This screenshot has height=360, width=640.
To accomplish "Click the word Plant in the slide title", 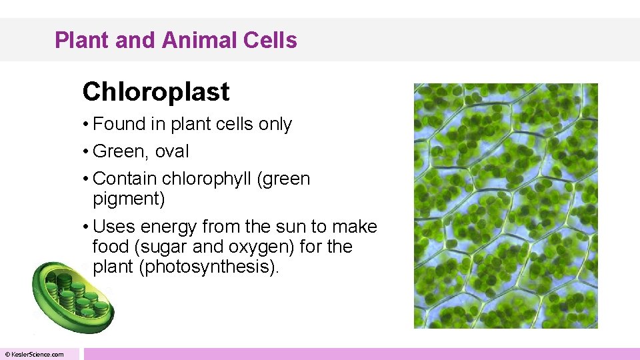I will coord(75,41).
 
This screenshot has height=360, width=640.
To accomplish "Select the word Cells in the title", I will coord(270,41).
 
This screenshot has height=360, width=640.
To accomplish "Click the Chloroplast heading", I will coord(156,92).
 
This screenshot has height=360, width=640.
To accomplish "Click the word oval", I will coord(172,152).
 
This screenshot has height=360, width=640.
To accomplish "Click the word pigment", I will coord(128,199).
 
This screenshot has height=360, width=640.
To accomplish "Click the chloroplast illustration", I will coord(72,297).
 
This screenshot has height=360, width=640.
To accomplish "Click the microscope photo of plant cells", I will coord(505,205).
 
